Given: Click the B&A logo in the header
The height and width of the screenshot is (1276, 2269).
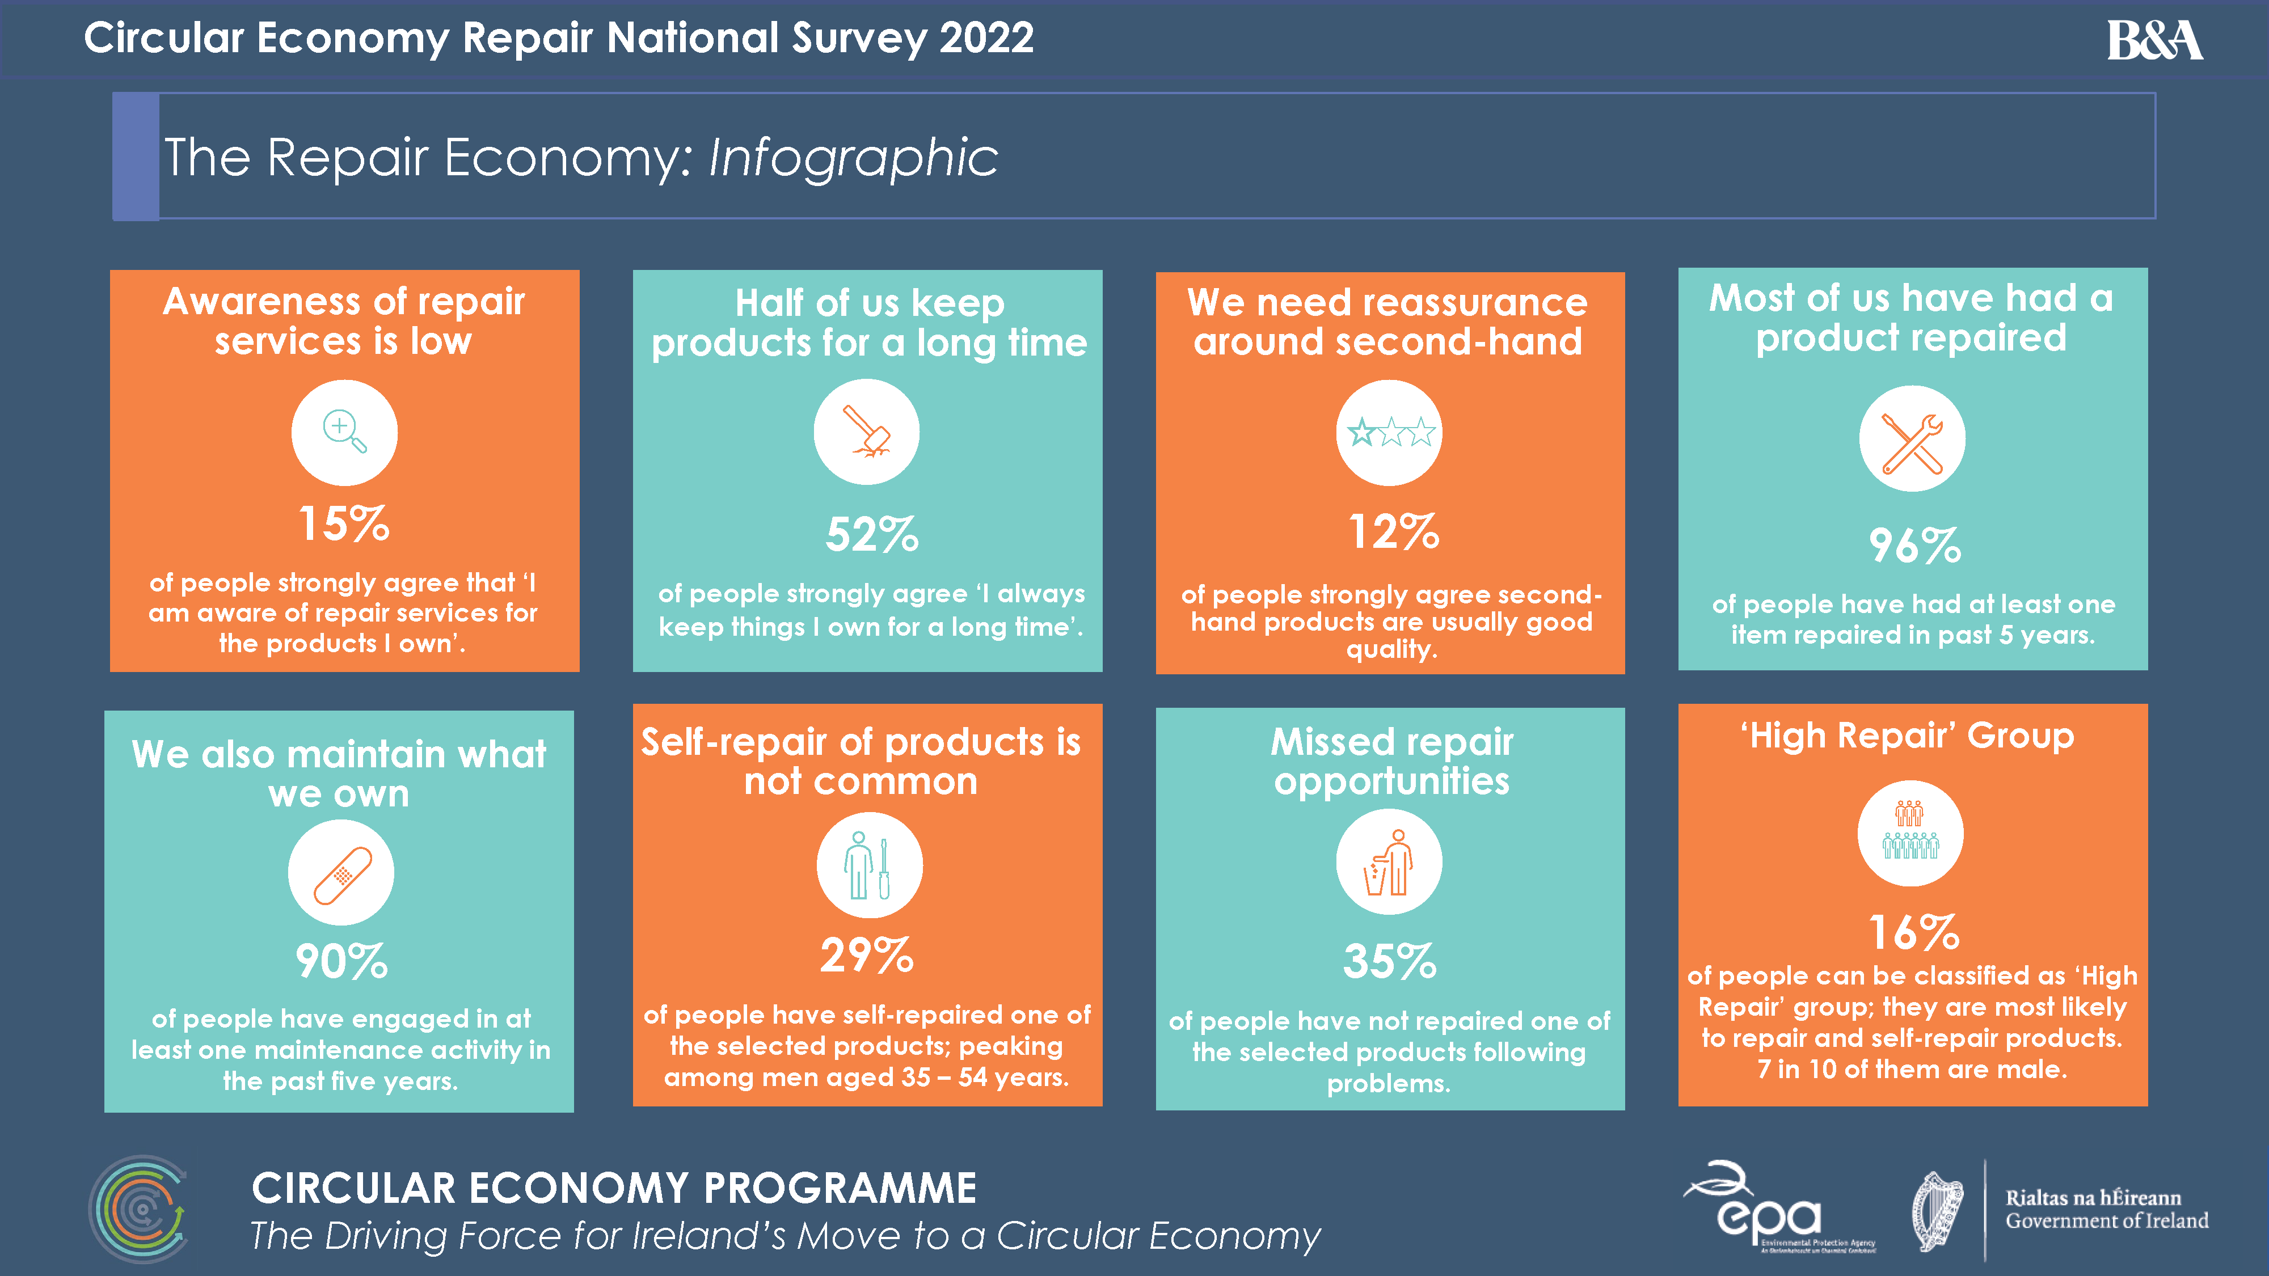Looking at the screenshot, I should click(2154, 40).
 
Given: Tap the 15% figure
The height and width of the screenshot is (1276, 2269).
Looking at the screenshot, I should click(344, 524).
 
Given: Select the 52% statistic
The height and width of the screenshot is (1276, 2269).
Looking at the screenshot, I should click(871, 535).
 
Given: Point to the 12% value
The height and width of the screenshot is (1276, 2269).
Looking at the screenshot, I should click(1394, 532).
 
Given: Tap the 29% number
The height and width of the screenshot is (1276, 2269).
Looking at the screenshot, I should click(867, 956).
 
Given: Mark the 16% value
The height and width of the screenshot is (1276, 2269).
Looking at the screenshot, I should click(1914, 932).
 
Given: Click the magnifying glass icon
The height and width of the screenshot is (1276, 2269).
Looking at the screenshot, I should click(344, 432).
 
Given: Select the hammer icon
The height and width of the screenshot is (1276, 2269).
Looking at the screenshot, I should click(867, 432).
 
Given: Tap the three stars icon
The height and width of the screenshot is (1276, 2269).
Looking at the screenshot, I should click(1390, 432).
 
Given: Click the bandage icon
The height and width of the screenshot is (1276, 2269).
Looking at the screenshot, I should click(341, 873).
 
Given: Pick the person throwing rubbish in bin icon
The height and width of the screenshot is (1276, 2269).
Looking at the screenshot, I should click(1389, 863).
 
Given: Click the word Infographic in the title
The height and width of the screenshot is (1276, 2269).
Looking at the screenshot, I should click(853, 159).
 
